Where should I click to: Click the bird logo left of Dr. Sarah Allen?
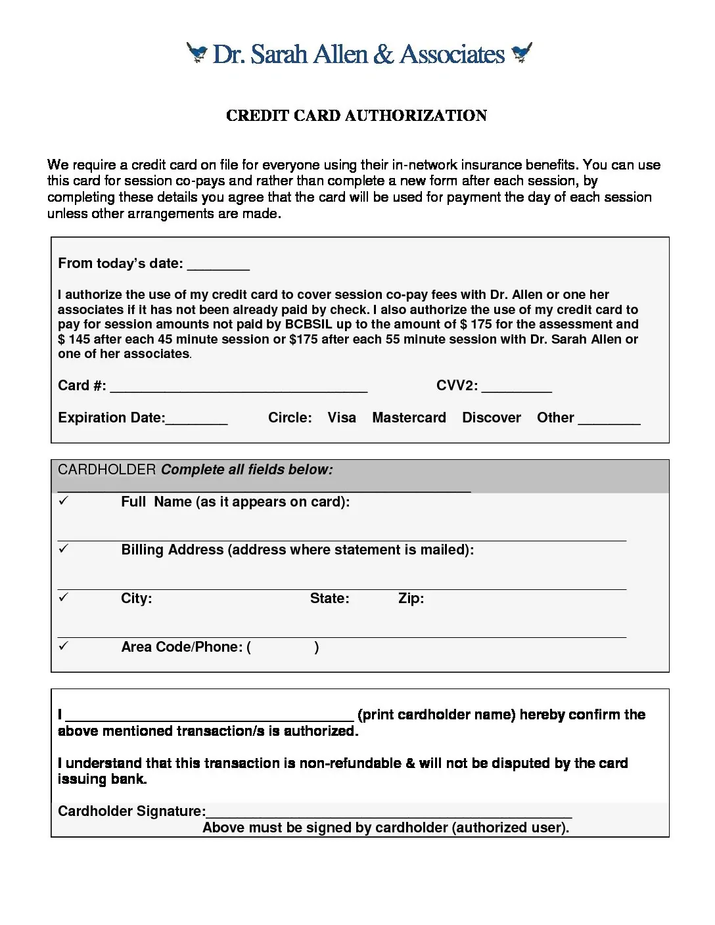(x=196, y=52)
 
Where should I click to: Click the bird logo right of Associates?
(x=522, y=52)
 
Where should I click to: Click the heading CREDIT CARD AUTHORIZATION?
(x=356, y=116)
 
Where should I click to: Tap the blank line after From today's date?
(x=218, y=266)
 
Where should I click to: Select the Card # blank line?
(x=238, y=388)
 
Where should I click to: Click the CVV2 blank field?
(x=517, y=388)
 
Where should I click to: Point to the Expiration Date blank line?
(x=196, y=420)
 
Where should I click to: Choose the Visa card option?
(x=342, y=418)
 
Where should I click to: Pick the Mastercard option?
(x=409, y=418)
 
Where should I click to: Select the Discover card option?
(x=492, y=418)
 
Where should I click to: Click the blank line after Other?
(x=609, y=420)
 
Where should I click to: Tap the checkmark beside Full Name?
(x=63, y=501)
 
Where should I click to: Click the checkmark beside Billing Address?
(x=63, y=549)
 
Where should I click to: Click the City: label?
(x=136, y=598)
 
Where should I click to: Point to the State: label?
(x=329, y=598)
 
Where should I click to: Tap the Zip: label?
(x=411, y=598)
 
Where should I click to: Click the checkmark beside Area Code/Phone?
(x=63, y=646)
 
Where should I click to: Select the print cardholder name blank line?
(x=210, y=717)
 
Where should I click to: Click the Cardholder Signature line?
(x=388, y=813)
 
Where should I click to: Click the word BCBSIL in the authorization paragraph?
(x=309, y=325)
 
